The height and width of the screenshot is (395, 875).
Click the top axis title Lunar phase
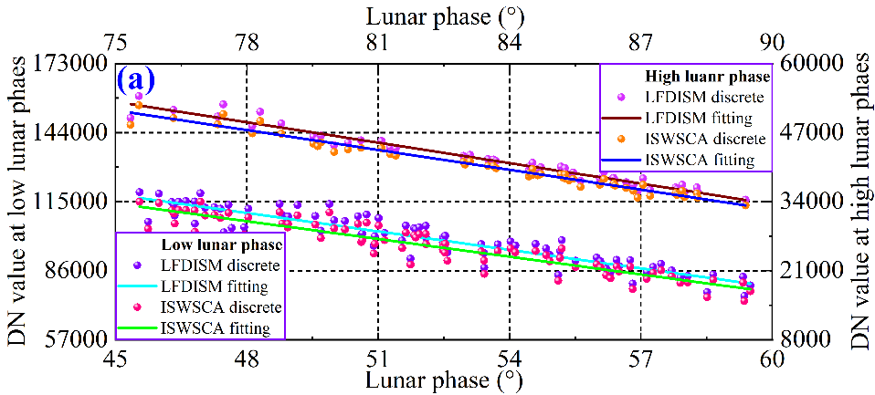pyautogui.click(x=443, y=16)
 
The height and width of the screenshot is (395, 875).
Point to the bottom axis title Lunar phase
pyautogui.click(x=443, y=377)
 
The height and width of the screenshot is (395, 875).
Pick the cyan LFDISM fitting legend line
pyautogui.click(x=138, y=286)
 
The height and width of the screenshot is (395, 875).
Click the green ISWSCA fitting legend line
pyautogui.click(x=138, y=327)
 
